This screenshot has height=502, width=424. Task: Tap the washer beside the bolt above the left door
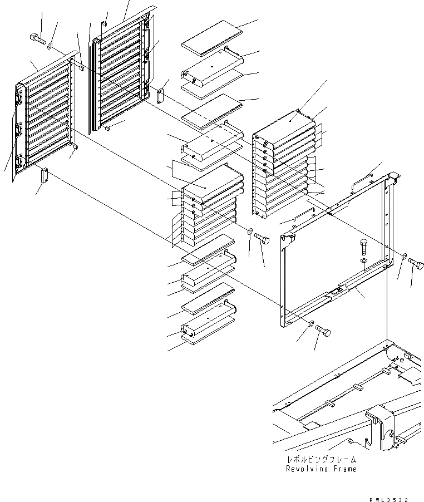51,45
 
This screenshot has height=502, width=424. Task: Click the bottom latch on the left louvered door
21,161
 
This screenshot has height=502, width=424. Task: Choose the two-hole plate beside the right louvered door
161,95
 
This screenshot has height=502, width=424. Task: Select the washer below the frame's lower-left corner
310,323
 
